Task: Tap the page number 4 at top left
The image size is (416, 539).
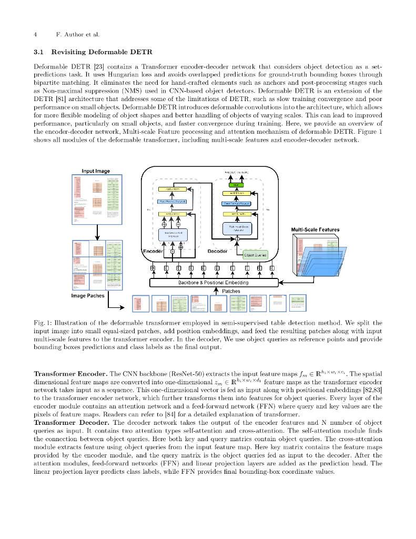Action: click(35, 35)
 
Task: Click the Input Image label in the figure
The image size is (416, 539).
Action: click(96, 171)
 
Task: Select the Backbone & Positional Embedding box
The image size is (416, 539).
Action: click(214, 283)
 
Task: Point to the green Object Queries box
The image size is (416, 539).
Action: click(256, 255)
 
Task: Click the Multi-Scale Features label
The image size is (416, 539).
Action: click(315, 229)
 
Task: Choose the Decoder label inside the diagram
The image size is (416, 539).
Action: click(217, 251)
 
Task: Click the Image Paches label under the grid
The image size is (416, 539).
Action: click(88, 295)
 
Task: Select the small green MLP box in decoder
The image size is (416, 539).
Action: click(235, 185)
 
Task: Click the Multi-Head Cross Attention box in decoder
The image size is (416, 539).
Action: click(237, 228)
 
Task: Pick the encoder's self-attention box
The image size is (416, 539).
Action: click(173, 234)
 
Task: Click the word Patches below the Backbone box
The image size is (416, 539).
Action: click(231, 291)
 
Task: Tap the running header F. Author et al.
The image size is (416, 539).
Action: click(77, 35)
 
